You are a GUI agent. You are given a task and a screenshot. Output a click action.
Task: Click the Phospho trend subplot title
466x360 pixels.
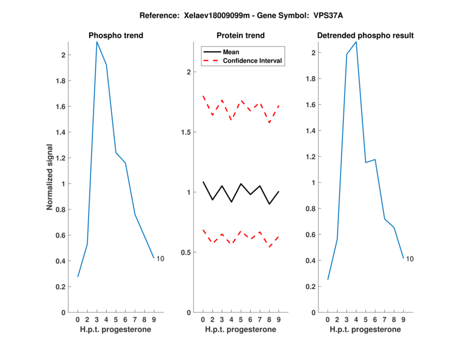(x=116, y=36)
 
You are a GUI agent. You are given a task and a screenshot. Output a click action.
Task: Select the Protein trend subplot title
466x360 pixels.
(x=241, y=36)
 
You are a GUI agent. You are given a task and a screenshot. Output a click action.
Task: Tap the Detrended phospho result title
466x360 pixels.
(x=365, y=36)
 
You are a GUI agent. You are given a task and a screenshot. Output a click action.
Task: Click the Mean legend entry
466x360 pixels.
(x=231, y=52)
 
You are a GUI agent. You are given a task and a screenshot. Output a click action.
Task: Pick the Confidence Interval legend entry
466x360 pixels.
(x=253, y=61)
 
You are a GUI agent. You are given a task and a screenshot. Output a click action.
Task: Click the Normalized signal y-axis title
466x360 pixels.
(x=50, y=177)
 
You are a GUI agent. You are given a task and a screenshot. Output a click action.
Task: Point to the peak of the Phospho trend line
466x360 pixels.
(x=97, y=42)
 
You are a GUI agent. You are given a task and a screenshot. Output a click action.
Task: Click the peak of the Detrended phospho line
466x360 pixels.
(x=356, y=42)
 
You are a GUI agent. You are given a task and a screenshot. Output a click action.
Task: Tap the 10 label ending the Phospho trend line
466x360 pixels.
(x=161, y=258)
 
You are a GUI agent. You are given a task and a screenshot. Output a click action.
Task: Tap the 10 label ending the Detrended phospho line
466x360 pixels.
(x=410, y=259)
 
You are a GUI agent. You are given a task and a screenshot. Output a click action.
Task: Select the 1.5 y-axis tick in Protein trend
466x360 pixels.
(x=187, y=132)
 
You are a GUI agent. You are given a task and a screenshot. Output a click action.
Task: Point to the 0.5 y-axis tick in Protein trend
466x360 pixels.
(x=187, y=252)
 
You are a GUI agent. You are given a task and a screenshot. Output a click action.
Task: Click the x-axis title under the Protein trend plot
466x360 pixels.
(x=241, y=330)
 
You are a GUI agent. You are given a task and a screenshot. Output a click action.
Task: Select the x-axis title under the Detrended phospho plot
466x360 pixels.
(x=365, y=330)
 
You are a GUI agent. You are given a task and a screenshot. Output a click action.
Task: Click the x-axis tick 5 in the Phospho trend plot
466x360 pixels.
(x=116, y=320)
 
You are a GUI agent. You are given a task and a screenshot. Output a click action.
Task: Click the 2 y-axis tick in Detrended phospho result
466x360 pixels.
(x=314, y=53)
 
